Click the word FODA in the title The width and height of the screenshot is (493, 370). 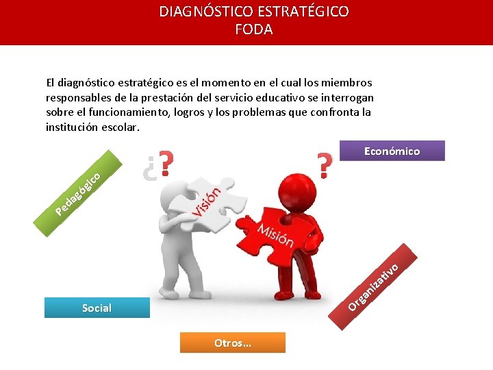coord(253,29)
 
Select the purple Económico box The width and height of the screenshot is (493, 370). coord(392,151)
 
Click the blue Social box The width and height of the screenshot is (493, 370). coord(97,308)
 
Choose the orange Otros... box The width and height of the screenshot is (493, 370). coord(232,343)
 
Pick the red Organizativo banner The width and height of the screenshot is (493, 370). coord(373,285)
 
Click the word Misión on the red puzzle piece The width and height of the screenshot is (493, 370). coord(275,234)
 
